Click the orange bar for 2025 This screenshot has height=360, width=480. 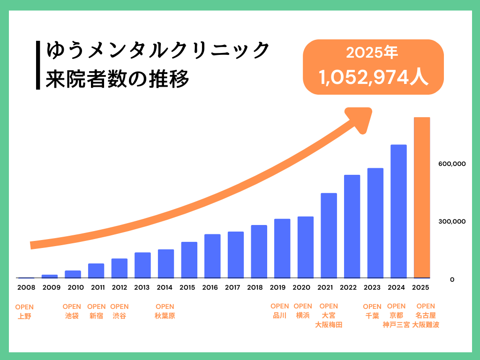422,197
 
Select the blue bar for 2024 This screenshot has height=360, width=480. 398,211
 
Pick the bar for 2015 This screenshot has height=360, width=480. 189,260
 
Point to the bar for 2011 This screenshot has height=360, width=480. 96,270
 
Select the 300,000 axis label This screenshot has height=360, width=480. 453,221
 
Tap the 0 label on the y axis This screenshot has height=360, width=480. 452,279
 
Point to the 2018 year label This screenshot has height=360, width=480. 255,287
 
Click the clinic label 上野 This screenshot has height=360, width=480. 24,316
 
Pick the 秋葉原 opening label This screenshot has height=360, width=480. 165,316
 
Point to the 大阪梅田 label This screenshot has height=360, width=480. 329,324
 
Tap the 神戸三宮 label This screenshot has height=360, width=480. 396,324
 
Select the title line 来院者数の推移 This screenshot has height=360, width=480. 118,78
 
